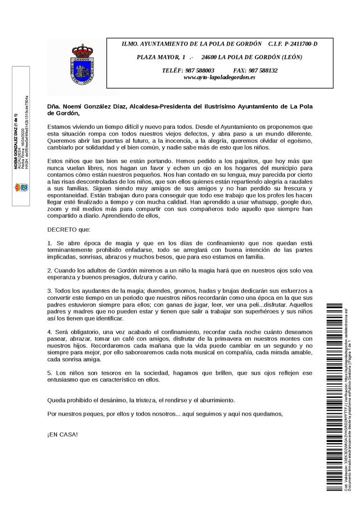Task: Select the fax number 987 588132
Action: coord(262,70)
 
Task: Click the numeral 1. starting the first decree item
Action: coord(50,242)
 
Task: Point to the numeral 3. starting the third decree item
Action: coord(50,290)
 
